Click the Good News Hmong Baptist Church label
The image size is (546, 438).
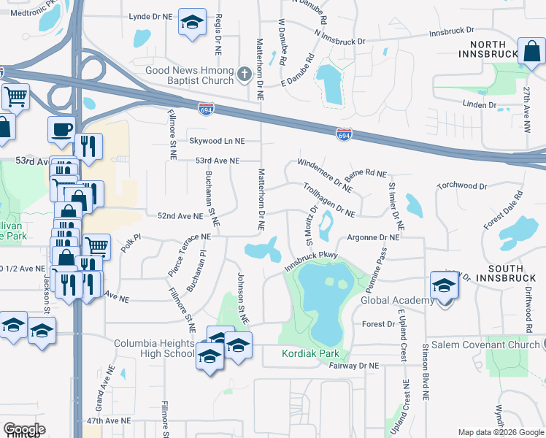[x=190, y=75]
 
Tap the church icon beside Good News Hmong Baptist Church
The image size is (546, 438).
[x=244, y=73]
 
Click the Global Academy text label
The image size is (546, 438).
[x=398, y=301]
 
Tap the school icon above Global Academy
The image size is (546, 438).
[x=444, y=285]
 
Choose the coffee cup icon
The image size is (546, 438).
[x=61, y=129]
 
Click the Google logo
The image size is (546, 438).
[x=24, y=429]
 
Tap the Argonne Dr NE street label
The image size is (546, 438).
[x=373, y=237]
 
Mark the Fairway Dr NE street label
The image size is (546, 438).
[x=355, y=365]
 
